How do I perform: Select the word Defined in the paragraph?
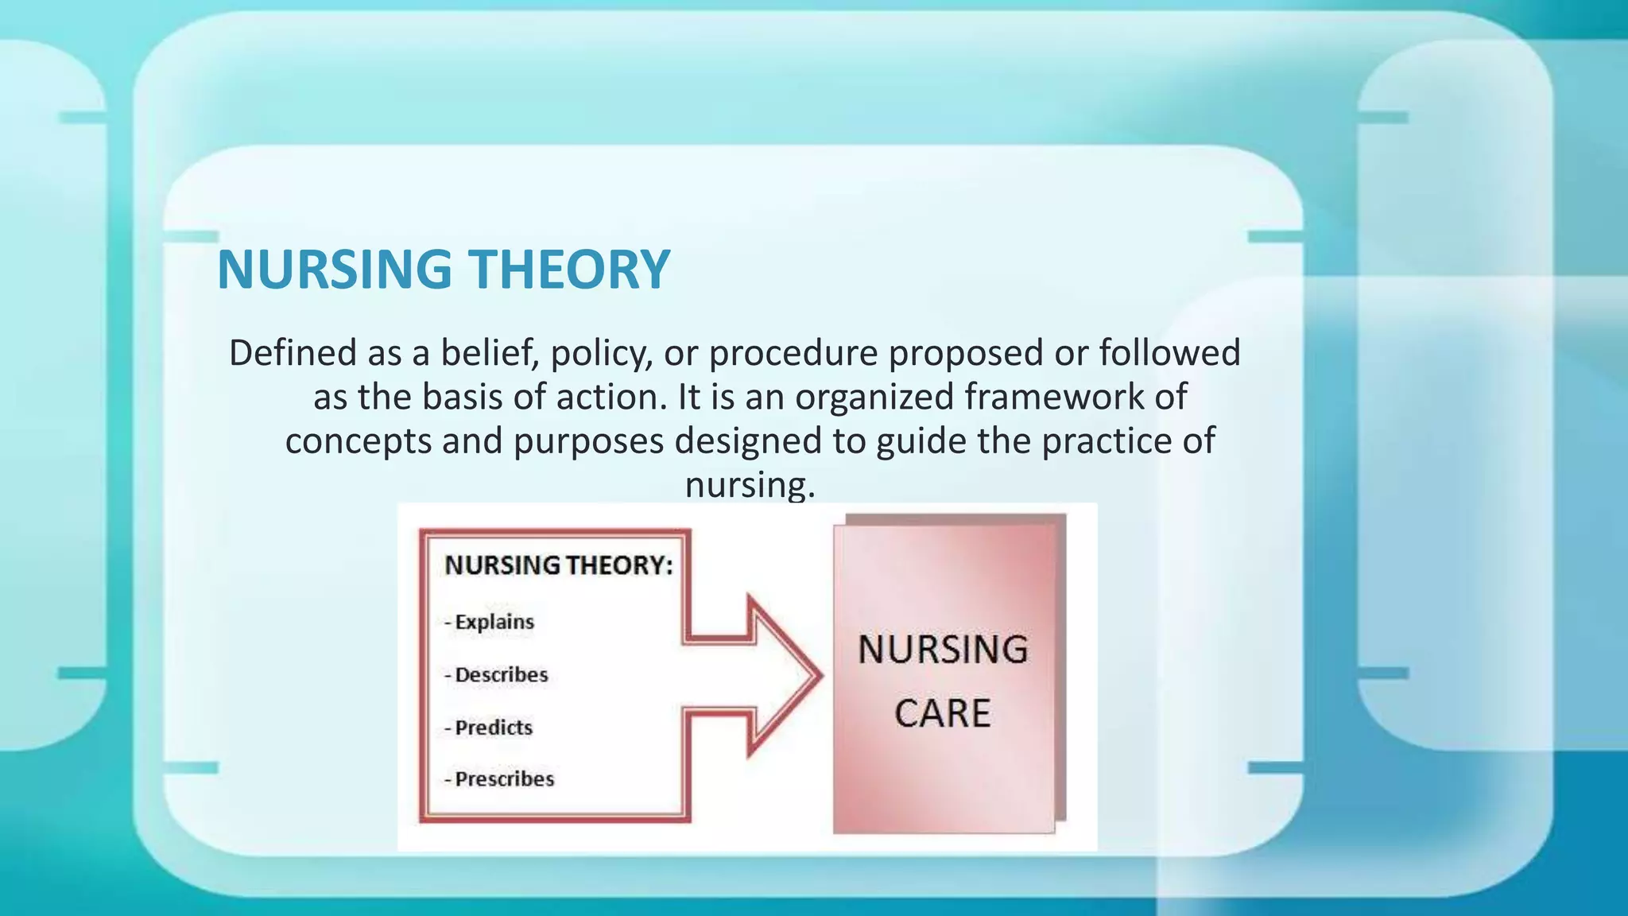coord(292,353)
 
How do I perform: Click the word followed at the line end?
coord(1169,353)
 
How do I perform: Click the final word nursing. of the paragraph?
coord(750,485)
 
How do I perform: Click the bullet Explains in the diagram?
coord(494,622)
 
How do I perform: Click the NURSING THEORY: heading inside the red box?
coord(559,565)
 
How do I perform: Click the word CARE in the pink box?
coord(943,713)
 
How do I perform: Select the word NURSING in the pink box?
coord(943,650)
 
